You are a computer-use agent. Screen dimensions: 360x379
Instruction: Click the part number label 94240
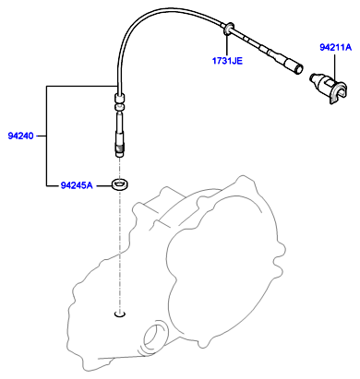20,136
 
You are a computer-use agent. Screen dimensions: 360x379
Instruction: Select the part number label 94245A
77,185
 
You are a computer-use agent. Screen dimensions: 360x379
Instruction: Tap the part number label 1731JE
227,61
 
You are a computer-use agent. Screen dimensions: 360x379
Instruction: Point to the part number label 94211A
335,47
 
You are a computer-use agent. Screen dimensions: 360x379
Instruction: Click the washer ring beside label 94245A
120,184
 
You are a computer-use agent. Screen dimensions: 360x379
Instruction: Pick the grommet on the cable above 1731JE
228,29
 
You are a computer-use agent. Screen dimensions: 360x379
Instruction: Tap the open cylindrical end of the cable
297,68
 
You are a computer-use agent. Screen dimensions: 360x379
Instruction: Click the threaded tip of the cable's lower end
119,151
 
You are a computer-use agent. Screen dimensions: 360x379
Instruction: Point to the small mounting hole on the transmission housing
120,314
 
